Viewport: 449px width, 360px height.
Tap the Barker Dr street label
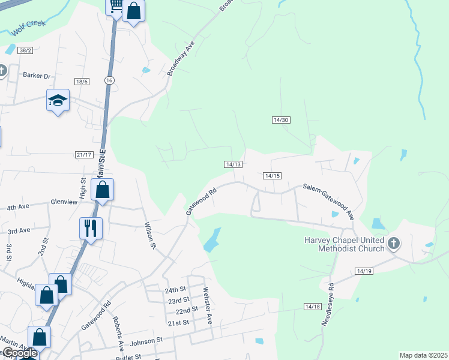pyautogui.click(x=37, y=76)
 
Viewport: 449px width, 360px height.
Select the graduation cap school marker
pyautogui.click(x=58, y=101)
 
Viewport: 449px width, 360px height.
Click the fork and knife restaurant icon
pyautogui.click(x=91, y=228)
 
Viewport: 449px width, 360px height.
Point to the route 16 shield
pyautogui.click(x=108, y=80)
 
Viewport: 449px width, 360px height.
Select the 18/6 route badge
pyautogui.click(x=82, y=82)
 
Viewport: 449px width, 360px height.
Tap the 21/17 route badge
pyautogui.click(x=84, y=155)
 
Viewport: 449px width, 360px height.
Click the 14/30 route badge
pyautogui.click(x=281, y=120)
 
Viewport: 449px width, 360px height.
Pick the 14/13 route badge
pyautogui.click(x=234, y=164)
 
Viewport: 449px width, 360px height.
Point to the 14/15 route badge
pyautogui.click(x=272, y=176)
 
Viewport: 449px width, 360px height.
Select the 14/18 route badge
pyautogui.click(x=313, y=307)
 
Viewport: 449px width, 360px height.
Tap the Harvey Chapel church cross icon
pyautogui.click(x=394, y=243)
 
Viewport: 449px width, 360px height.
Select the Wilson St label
pyautogui.click(x=149, y=236)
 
